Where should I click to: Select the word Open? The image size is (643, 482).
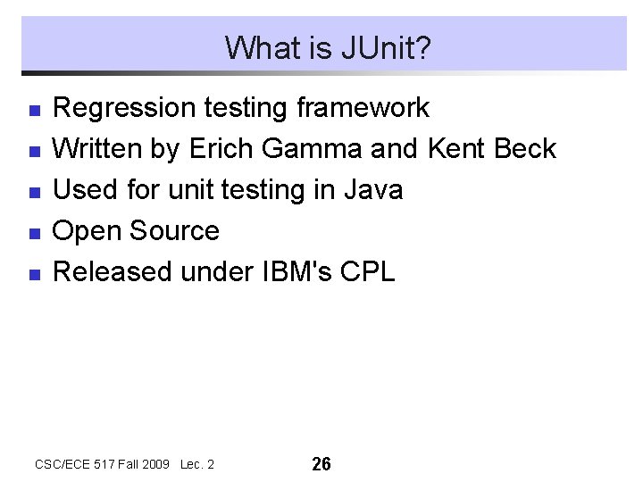click(88, 232)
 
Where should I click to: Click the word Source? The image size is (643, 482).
click(174, 231)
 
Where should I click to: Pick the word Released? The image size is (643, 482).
click(113, 272)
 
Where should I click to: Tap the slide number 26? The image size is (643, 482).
click(321, 464)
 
